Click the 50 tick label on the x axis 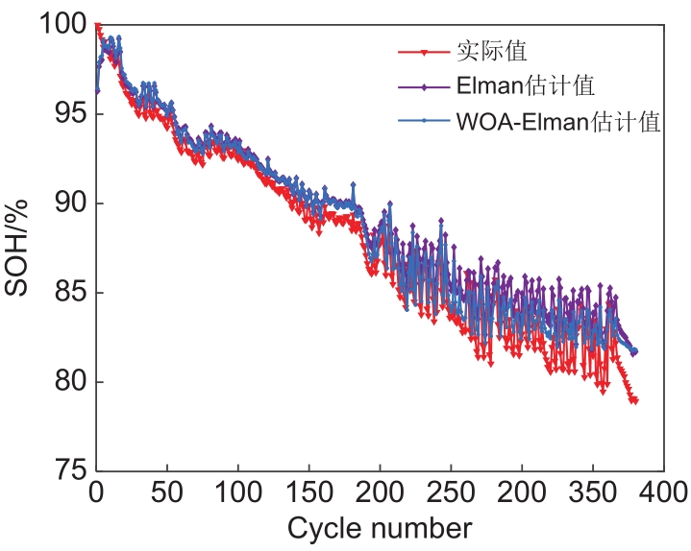pyautogui.click(x=166, y=493)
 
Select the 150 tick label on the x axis pyautogui.click(x=308, y=493)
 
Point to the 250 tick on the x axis pyautogui.click(x=451, y=493)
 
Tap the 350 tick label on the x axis pyautogui.click(x=593, y=493)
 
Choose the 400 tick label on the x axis pyautogui.click(x=663, y=493)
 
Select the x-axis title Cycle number pyautogui.click(x=380, y=529)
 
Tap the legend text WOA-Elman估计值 pyautogui.click(x=558, y=122)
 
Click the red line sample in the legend pyautogui.click(x=423, y=50)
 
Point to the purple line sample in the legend pyautogui.click(x=423, y=85)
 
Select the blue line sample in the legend pyautogui.click(x=423, y=122)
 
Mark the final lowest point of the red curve pyautogui.click(x=634, y=400)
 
